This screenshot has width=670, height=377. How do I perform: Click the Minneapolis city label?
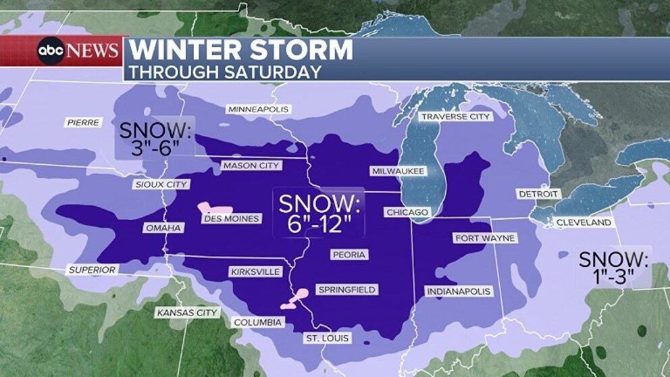[x=258, y=109]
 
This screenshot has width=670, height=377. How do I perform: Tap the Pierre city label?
[x=84, y=122]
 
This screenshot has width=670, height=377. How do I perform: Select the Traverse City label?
[x=455, y=116]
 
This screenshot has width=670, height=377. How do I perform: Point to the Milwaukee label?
[x=397, y=171]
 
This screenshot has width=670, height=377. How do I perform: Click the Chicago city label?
[x=407, y=212]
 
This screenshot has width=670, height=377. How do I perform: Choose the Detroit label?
[x=538, y=194]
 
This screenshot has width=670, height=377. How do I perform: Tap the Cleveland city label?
[x=583, y=222]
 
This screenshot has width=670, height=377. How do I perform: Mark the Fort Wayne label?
[x=485, y=238]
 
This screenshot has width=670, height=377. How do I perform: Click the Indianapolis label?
[x=458, y=291]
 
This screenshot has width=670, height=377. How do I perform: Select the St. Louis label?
[x=327, y=337]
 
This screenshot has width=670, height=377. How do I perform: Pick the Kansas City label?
[x=187, y=313]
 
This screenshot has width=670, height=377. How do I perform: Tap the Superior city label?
[x=92, y=270]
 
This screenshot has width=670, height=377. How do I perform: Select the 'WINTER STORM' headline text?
[x=240, y=51]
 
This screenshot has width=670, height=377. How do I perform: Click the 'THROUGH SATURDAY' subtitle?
[x=224, y=72]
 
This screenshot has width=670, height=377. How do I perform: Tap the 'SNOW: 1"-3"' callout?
[x=613, y=268]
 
